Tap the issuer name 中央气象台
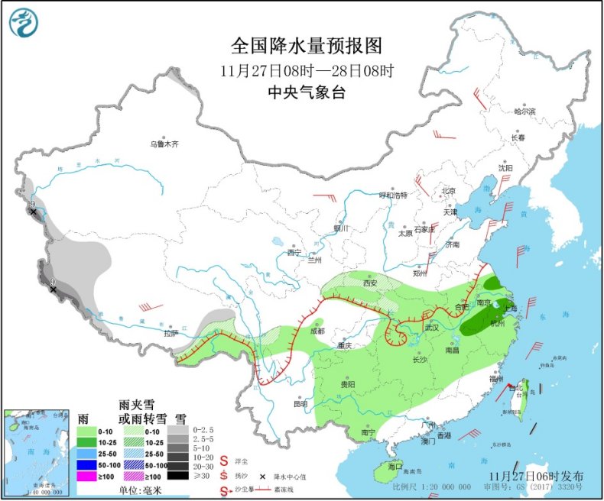pos(305,92)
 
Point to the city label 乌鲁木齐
pos(164,144)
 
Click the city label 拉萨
pos(170,333)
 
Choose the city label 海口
pos(395,465)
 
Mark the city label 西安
pos(370,283)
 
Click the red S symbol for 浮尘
pos(224,461)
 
